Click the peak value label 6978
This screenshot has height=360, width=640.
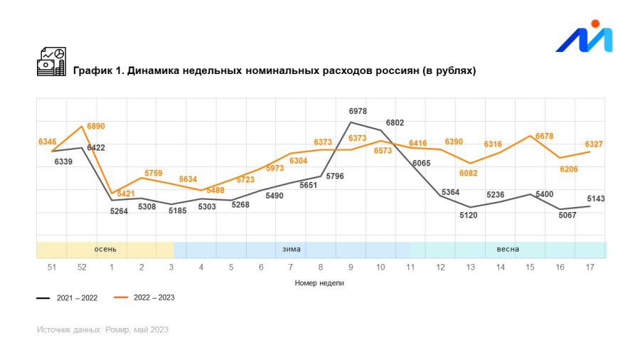[x=358, y=112]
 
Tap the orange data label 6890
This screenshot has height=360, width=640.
[x=96, y=126]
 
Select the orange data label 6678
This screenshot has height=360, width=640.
[x=544, y=136]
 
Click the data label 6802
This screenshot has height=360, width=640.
[x=395, y=122]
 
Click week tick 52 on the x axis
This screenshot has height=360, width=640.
[x=82, y=268]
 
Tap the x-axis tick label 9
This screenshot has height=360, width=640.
[x=351, y=268]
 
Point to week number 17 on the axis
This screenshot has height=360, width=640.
[x=590, y=268]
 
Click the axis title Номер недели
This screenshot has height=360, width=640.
[x=320, y=282]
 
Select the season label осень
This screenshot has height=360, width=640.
[x=105, y=250]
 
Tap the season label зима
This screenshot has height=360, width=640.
[x=292, y=250]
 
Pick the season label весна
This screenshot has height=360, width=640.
[x=508, y=250]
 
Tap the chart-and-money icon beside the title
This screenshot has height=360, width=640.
[x=51, y=62]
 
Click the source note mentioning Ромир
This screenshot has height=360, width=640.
[x=102, y=330]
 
